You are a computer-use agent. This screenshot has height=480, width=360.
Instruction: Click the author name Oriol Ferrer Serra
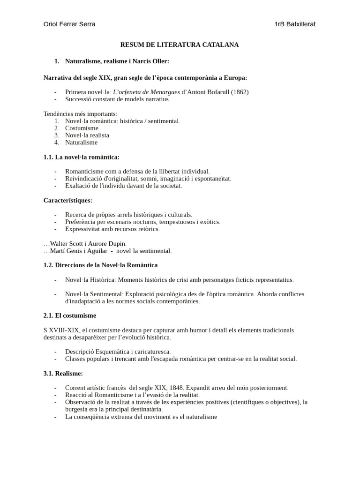coord(69,24)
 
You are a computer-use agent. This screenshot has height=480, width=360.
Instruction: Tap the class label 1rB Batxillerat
coord(295,24)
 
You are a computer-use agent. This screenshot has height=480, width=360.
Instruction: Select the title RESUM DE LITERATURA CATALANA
coord(180,45)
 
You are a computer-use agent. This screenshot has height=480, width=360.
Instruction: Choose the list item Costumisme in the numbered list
coord(82,128)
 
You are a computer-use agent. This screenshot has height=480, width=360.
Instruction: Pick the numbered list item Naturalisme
coord(81,142)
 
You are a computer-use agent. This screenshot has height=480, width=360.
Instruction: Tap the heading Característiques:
coord(67,200)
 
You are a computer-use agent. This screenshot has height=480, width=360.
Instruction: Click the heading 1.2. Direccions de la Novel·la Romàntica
coord(100,265)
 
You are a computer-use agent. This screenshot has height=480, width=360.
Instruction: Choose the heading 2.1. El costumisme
coord(69,316)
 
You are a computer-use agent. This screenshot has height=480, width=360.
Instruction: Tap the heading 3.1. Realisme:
coord(63,374)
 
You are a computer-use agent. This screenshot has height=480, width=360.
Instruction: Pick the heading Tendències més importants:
coord(80,114)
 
